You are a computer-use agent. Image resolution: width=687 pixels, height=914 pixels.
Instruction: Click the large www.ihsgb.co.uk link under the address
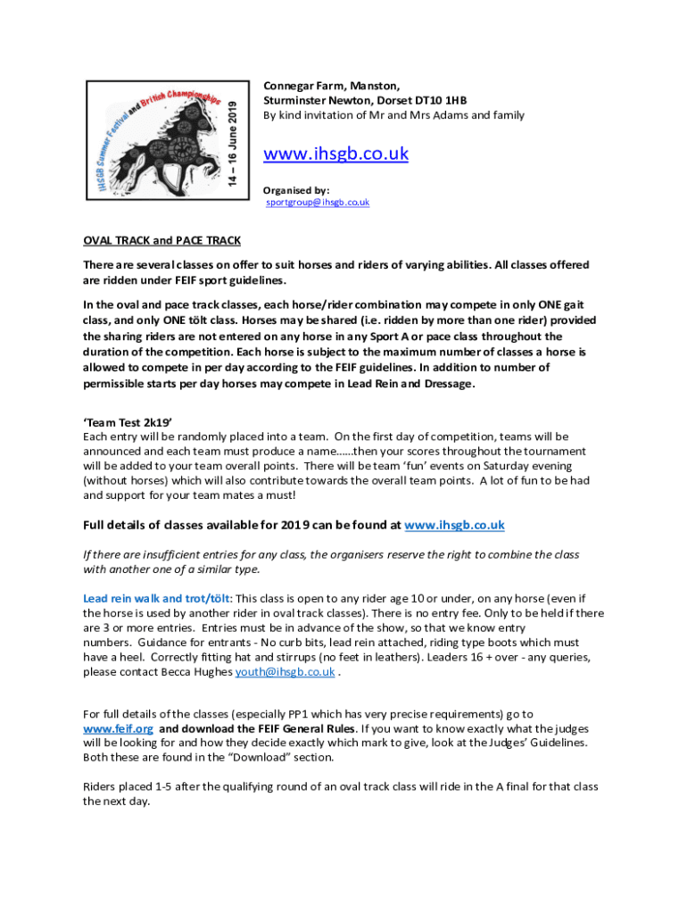(335, 154)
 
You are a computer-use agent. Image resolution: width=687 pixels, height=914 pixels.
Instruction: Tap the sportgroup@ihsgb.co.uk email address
(318, 203)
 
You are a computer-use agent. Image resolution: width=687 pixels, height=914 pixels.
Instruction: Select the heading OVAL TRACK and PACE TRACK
(161, 240)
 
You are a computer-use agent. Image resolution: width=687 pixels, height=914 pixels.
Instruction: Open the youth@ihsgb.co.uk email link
(285, 672)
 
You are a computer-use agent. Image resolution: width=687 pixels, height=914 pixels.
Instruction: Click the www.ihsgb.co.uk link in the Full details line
(454, 525)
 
